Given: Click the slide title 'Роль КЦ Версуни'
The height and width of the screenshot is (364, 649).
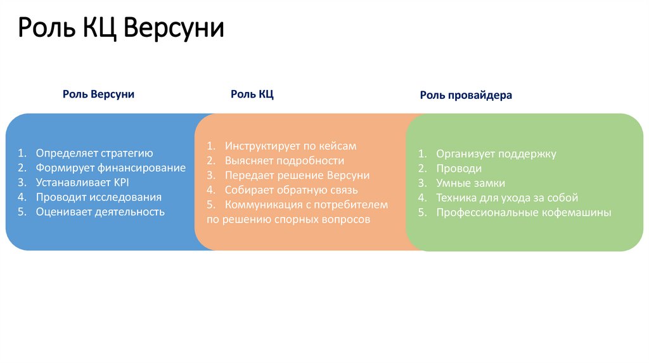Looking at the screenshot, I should point(120,29).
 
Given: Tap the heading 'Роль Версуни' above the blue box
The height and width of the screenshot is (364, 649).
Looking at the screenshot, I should point(98,94).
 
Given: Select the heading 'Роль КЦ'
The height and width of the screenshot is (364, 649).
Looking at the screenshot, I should point(252,94).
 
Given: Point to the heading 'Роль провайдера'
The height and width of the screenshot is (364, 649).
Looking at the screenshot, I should point(466,95).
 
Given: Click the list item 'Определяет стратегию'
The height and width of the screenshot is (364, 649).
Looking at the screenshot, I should point(94,153).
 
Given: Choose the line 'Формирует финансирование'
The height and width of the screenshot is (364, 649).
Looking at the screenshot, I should point(110,168).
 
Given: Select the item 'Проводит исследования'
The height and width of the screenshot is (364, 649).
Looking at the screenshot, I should point(98,197).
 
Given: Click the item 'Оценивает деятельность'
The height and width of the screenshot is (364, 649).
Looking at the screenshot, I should point(100,212).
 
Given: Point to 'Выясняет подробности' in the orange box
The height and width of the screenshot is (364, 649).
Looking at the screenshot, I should point(284,160).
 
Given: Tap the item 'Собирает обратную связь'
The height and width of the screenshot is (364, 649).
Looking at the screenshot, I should point(291,190).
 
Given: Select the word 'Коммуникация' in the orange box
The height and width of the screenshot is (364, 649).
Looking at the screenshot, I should point(260,205).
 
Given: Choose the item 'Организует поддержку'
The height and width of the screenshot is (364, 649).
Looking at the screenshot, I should point(496,153).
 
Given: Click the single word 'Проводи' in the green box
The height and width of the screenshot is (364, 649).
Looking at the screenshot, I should point(458,169).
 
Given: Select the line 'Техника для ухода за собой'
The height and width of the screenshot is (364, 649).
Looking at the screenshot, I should point(507,198).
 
